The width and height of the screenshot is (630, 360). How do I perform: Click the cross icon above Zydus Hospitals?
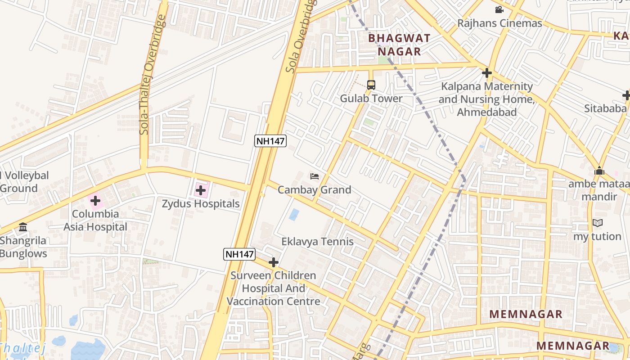[201, 191]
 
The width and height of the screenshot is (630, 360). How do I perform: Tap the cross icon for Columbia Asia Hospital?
[95, 201]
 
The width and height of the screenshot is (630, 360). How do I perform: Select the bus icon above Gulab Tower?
[371, 85]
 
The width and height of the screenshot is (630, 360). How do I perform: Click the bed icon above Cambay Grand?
[315, 176]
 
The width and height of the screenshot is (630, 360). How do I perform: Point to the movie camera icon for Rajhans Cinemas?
[499, 10]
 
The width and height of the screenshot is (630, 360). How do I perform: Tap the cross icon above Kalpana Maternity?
[486, 73]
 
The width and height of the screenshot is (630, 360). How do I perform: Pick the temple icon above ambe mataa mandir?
[599, 171]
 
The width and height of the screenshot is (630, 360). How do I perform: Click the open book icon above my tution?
[597, 223]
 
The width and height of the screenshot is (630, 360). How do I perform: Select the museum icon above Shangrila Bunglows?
[23, 227]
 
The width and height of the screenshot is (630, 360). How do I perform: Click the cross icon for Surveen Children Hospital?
[273, 262]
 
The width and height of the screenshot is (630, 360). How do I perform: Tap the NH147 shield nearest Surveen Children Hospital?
[239, 254]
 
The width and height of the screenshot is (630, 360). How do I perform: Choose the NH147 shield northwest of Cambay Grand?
[270, 141]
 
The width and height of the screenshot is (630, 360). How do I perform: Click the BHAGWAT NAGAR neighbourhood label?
[399, 45]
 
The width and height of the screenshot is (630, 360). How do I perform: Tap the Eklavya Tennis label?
[317, 242]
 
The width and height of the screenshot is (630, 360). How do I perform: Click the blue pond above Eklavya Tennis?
[294, 215]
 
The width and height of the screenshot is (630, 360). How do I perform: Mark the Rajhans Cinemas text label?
[499, 23]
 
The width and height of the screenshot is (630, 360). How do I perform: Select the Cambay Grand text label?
[314, 190]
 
